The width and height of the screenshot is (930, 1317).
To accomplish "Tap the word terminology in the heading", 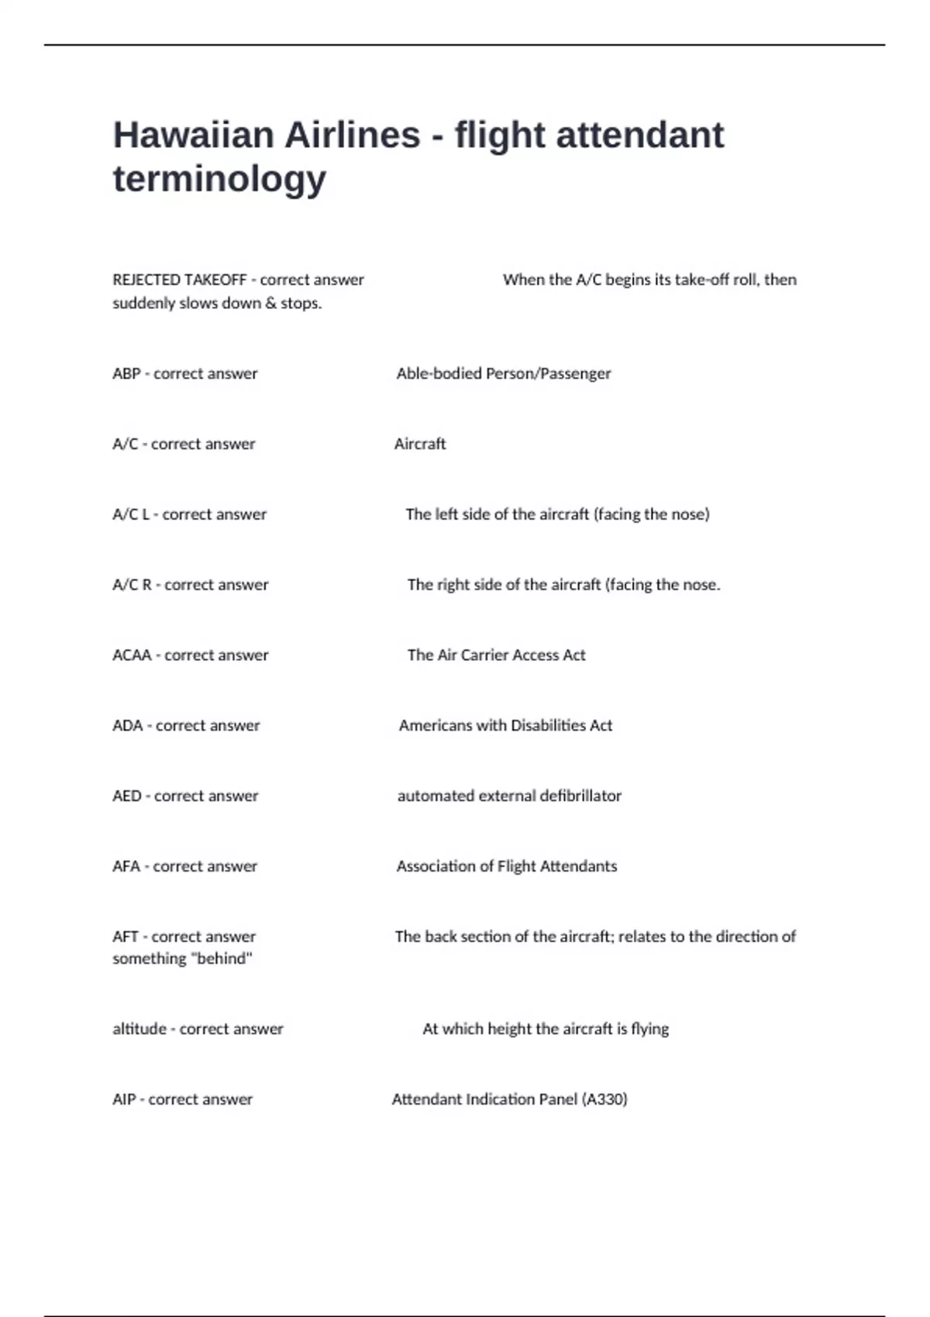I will (219, 179).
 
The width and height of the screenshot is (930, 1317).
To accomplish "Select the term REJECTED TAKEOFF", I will (179, 280).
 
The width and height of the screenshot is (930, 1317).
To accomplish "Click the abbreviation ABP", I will (126, 373).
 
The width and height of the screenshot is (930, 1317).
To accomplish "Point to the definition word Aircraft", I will (420, 444).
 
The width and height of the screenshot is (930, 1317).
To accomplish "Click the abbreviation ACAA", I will (132, 655).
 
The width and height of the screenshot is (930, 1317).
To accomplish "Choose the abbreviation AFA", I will (126, 866).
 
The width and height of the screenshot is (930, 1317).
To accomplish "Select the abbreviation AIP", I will (124, 1099).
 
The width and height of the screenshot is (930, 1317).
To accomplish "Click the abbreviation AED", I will (126, 796).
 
